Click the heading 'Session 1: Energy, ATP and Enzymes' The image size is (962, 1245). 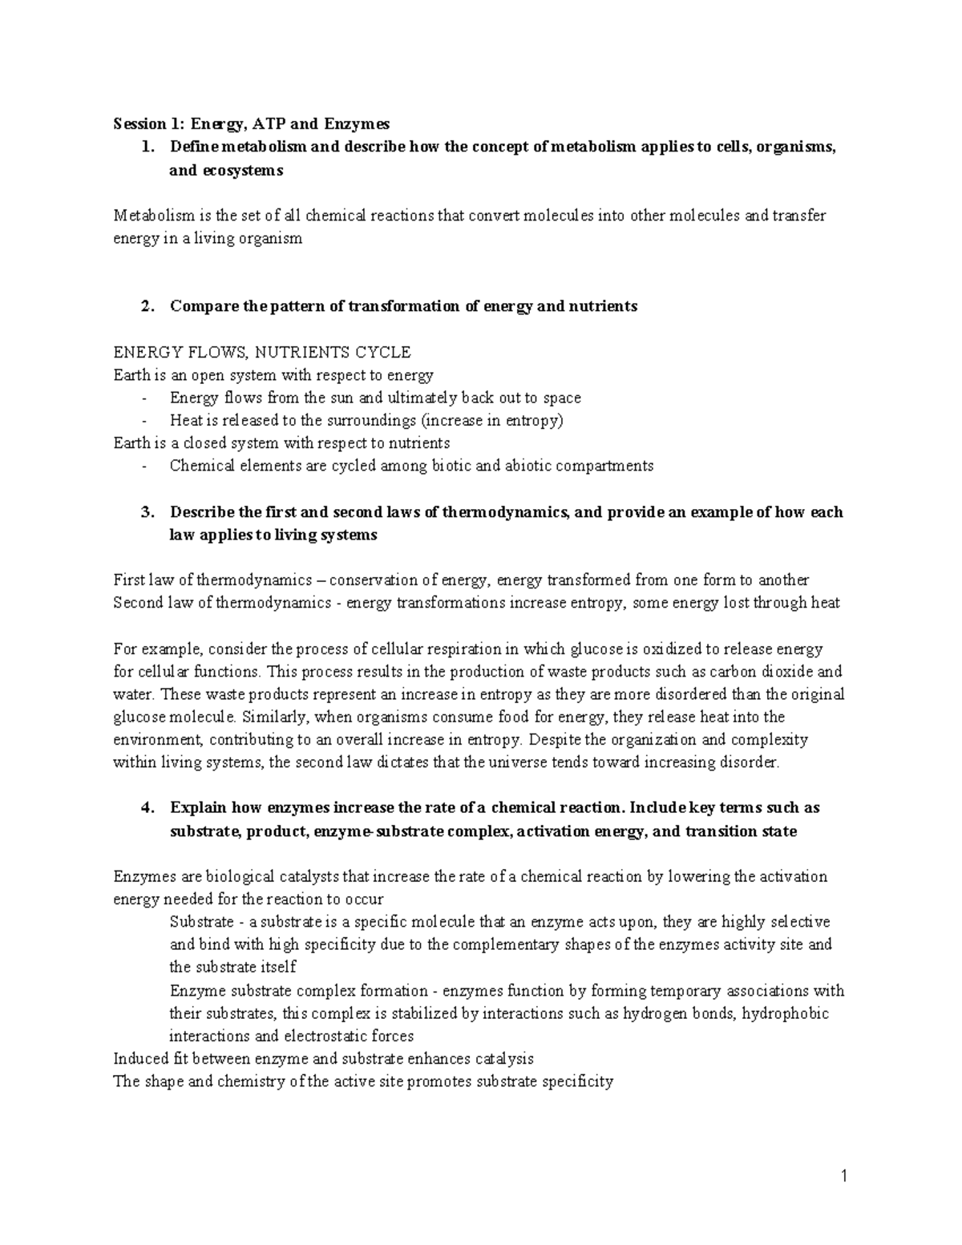tap(251, 123)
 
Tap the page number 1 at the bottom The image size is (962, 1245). tap(844, 1177)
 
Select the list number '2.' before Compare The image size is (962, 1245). tap(146, 306)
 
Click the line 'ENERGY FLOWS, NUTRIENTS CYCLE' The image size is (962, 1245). tap(262, 352)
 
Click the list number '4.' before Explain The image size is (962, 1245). tap(146, 807)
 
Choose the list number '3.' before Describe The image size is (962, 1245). tap(146, 511)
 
